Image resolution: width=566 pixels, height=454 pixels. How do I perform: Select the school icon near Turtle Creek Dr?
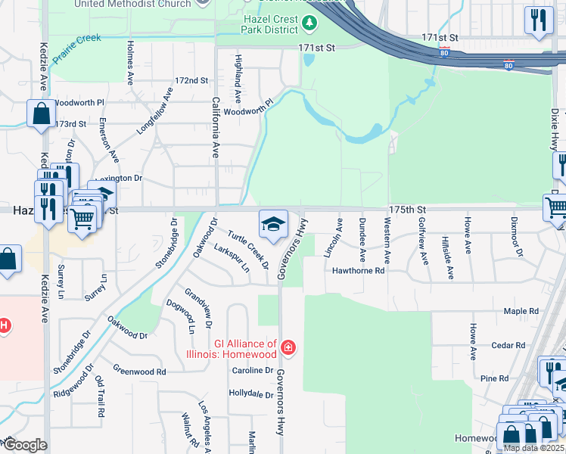273,222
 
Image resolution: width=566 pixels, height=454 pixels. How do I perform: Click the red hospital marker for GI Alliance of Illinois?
288,348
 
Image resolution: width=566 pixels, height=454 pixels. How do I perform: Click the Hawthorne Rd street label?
359,270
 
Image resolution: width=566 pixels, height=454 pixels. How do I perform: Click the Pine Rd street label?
494,378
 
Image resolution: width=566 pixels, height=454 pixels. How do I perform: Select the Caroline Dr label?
253,370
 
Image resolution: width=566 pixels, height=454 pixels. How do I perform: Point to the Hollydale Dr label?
250,394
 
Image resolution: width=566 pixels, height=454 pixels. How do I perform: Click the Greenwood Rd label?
140,372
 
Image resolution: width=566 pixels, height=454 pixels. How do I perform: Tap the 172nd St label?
191,80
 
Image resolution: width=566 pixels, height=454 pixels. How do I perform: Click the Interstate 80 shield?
445,52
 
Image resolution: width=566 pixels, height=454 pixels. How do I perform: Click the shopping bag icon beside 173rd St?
41,114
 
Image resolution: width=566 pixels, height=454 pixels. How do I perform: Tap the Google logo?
25,445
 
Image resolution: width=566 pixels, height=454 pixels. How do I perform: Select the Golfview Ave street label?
423,241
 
